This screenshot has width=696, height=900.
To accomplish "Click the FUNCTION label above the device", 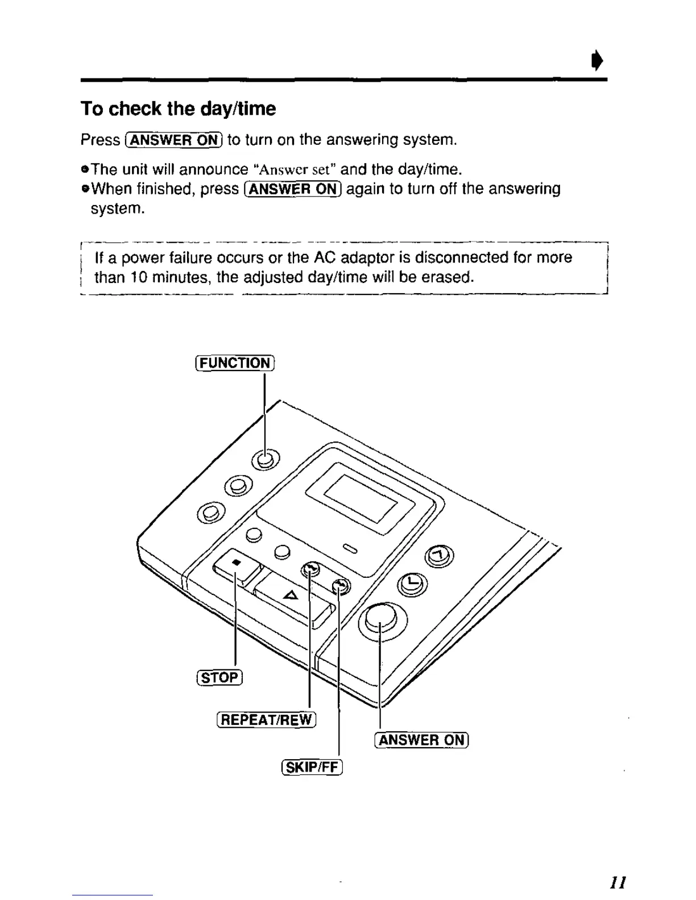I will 235,363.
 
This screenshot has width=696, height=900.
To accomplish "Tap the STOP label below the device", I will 219,677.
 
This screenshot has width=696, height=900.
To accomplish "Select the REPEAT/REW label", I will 266,720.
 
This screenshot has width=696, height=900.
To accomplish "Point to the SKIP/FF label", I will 312,768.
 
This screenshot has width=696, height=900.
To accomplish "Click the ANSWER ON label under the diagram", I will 421,740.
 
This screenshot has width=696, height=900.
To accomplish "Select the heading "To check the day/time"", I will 178,109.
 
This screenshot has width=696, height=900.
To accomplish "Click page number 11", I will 618,882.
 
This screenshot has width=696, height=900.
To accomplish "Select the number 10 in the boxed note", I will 139,278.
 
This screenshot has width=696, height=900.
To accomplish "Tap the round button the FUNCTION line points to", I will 266,459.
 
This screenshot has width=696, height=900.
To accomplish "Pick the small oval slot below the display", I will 350,548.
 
